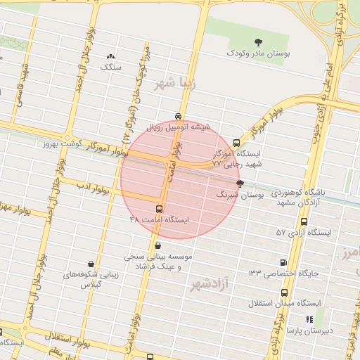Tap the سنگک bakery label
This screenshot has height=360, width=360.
111,67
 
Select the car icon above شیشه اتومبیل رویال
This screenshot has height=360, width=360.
179,117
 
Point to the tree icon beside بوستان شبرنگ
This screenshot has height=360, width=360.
240,184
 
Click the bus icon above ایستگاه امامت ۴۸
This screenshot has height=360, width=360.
159,209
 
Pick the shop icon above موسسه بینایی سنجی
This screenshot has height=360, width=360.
156,246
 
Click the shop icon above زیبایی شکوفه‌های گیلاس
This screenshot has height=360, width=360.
91,264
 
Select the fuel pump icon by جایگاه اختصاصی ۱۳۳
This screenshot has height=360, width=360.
283,262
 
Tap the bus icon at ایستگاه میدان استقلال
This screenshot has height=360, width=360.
284,292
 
